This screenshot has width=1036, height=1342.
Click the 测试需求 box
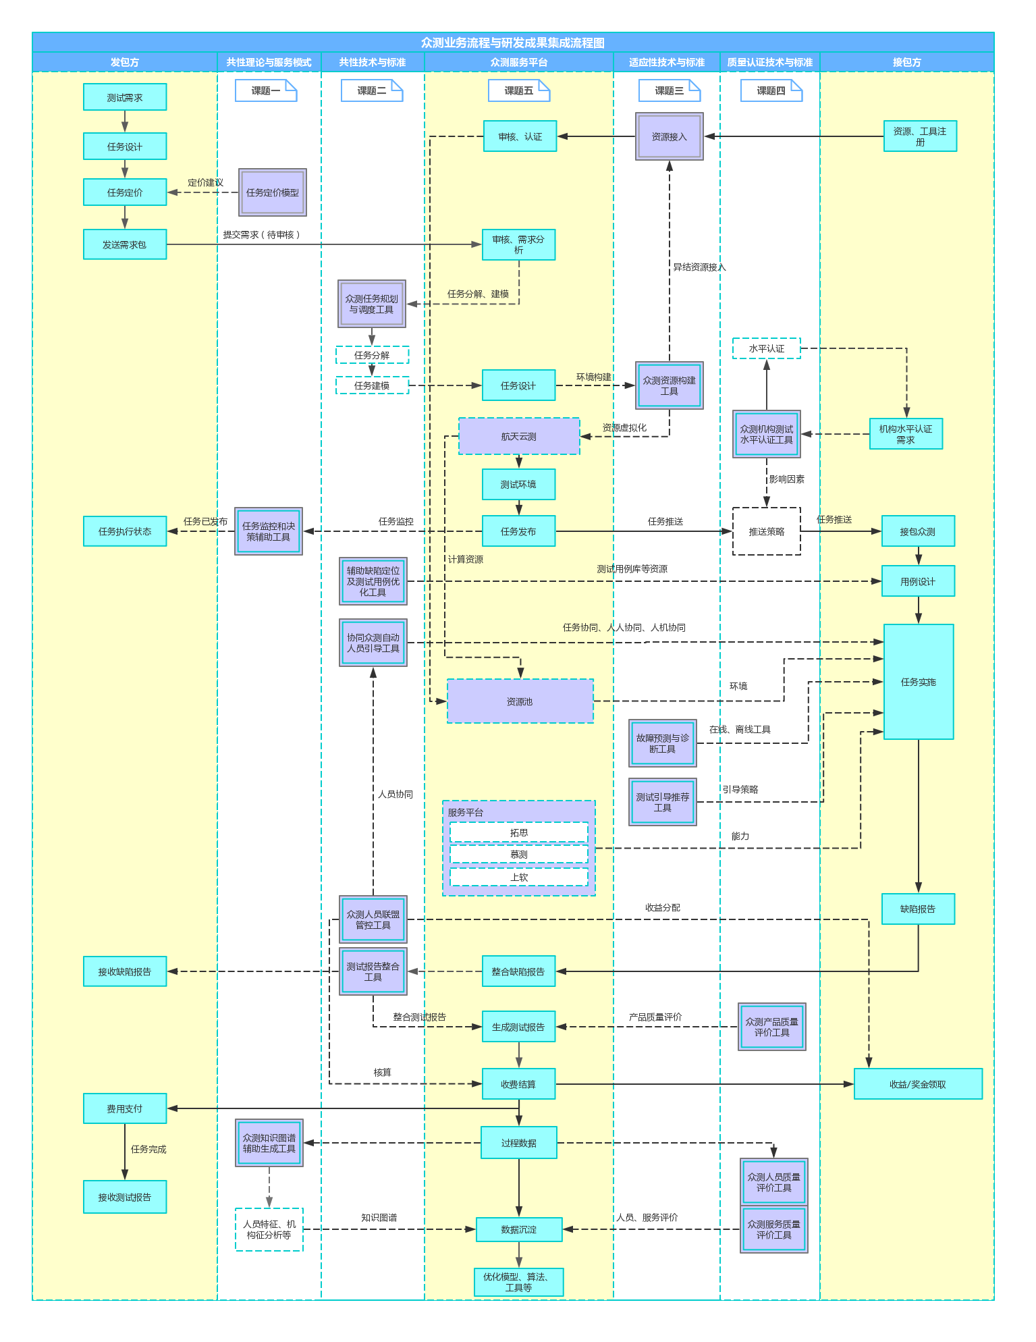point(125,97)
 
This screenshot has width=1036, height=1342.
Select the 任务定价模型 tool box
point(272,192)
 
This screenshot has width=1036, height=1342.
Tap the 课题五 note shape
point(518,90)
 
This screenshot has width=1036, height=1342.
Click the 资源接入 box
point(669,136)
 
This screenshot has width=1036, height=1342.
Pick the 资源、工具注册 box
point(920,136)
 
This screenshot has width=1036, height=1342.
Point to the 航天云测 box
point(518,436)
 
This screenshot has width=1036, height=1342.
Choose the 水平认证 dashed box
point(766,348)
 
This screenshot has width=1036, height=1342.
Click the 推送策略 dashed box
point(766,531)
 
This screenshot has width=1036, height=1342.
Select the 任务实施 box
point(918,682)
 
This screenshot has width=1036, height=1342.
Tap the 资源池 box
point(520,701)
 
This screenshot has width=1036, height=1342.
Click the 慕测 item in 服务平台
point(518,854)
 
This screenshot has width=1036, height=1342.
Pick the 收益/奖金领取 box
point(917,1084)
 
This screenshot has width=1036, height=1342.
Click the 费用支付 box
point(125,1108)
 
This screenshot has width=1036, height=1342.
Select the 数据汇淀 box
point(518,1229)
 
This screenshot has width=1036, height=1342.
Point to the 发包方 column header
point(125,62)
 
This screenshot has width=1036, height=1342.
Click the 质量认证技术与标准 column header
point(769,62)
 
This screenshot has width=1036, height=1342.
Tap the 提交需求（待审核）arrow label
point(262,234)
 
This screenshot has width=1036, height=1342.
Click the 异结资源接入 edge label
point(699,267)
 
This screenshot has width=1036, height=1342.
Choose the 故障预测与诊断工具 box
point(662,743)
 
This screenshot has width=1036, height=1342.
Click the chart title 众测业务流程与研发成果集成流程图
point(513,43)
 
